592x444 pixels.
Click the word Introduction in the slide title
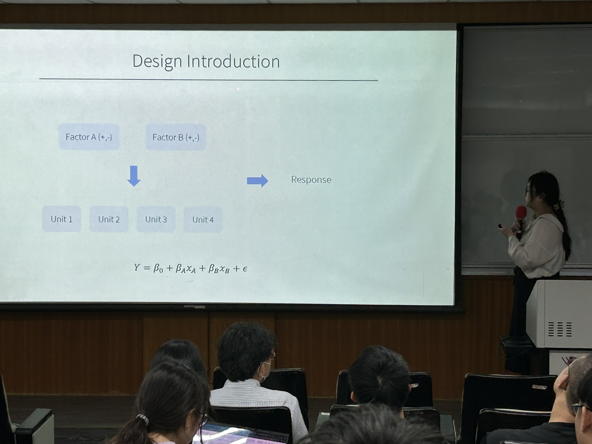[x=233, y=62]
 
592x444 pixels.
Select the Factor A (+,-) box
[x=89, y=137]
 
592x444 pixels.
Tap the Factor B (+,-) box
[x=176, y=137]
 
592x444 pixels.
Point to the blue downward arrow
[x=134, y=176]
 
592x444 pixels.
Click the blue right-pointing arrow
[x=257, y=181]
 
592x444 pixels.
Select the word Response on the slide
[x=311, y=180]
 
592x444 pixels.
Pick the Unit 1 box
[x=62, y=219]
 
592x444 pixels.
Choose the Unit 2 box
[x=109, y=219]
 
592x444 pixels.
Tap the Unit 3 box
[x=156, y=219]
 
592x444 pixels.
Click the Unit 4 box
[x=203, y=220]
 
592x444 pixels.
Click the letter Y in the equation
[x=137, y=267]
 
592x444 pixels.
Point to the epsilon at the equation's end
[x=245, y=269]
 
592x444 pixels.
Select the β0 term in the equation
[x=158, y=268]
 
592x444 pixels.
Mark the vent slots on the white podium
[x=560, y=329]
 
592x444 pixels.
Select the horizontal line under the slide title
[x=209, y=79]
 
